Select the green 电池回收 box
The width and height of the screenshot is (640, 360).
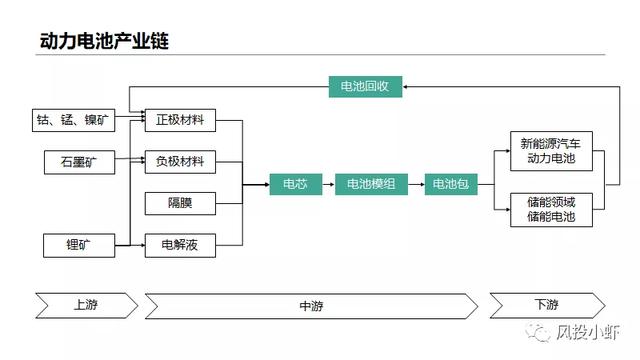365,87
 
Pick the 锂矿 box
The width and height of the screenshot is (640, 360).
78,243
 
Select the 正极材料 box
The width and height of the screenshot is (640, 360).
180,121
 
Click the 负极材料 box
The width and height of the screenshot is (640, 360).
180,160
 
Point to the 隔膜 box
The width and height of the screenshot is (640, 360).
180,202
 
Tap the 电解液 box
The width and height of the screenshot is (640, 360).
180,243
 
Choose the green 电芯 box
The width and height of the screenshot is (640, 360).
295,183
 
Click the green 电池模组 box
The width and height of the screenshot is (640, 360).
371,183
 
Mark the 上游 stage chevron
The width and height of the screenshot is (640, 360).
84,305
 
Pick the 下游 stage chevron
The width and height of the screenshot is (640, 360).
545,305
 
